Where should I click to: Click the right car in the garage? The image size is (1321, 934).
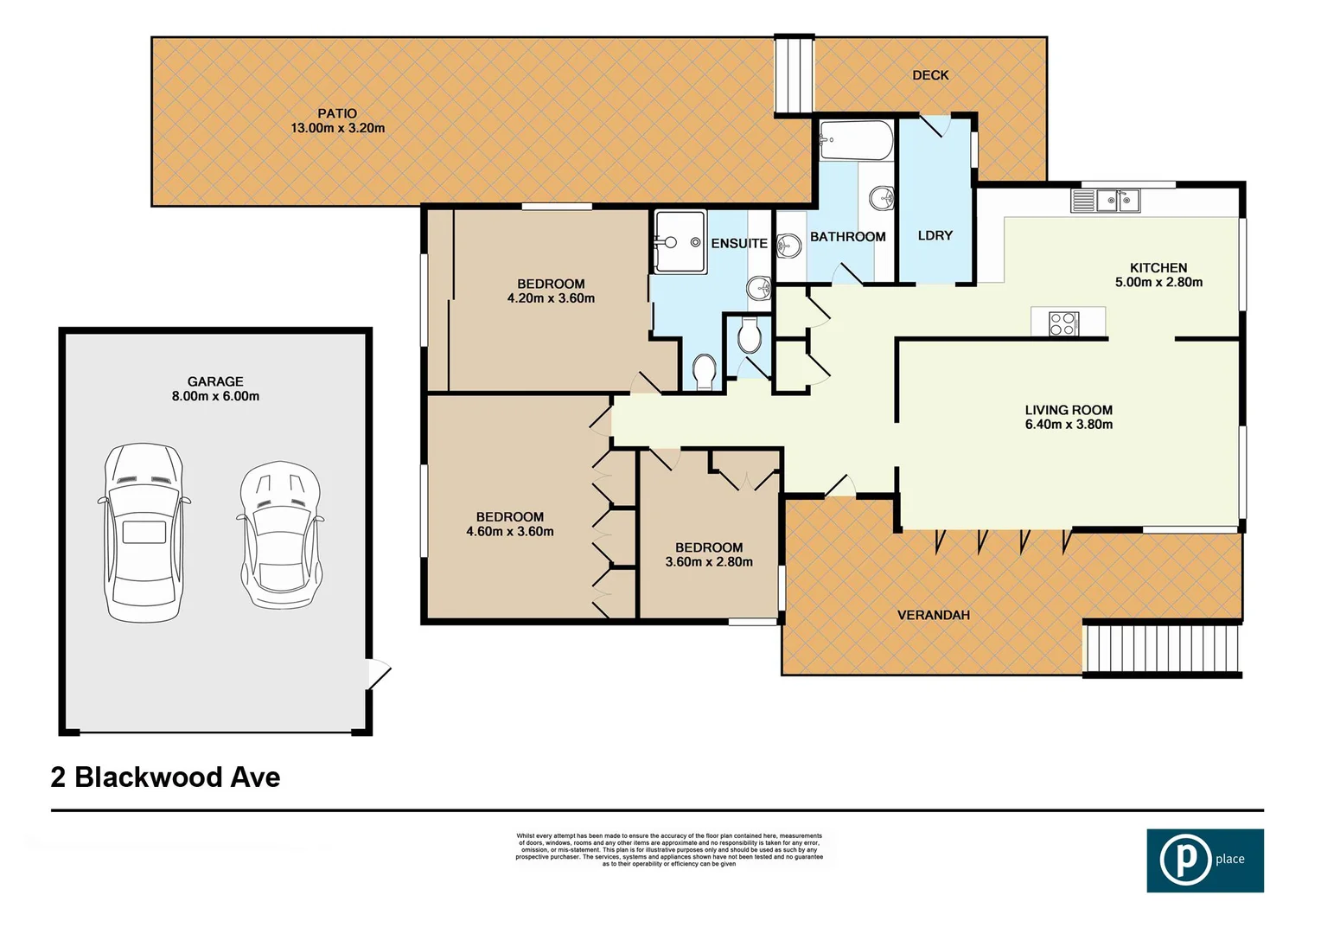280,535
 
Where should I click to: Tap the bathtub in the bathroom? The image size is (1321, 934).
855,141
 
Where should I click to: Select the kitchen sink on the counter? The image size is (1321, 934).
1117,202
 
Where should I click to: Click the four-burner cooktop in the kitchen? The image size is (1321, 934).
1063,323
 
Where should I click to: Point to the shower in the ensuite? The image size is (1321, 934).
679,242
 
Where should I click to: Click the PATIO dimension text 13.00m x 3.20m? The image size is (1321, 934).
337,128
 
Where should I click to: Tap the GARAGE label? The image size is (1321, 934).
215,381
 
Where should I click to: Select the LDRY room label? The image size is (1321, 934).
935,235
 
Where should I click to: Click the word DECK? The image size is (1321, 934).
930,75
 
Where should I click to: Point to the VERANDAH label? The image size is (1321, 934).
933,615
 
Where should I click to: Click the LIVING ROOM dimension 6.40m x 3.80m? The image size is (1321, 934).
1069,425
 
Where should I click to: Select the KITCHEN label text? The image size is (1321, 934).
1158,268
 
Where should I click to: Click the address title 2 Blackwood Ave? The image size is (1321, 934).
165,777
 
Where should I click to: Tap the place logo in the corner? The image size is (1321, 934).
1204,860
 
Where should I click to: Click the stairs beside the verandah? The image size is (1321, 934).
1161,649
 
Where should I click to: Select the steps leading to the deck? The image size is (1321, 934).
794,75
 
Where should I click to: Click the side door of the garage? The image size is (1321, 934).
378,674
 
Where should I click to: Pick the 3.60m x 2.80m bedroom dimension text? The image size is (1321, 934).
709,562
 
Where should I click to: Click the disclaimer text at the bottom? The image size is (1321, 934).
669,849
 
